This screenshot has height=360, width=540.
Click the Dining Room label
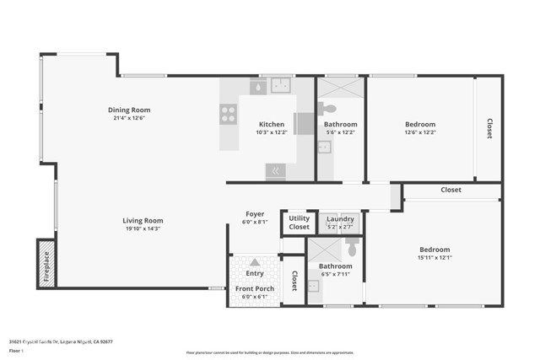(128, 110)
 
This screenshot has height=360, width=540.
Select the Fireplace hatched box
(46, 263)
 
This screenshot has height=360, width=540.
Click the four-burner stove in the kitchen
(228, 114)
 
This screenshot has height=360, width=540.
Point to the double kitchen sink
(280, 86)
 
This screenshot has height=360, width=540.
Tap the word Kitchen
(271, 124)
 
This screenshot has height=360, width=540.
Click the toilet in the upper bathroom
(327, 108)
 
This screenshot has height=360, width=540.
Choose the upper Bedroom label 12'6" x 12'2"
(419, 124)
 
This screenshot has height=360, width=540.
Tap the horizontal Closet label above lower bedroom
(451, 190)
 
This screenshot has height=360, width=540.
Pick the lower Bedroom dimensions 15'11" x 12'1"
(435, 257)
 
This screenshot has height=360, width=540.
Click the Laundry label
(340, 219)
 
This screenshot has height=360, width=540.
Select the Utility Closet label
(299, 223)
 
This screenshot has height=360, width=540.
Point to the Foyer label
(255, 213)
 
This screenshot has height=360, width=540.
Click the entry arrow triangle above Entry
(255, 262)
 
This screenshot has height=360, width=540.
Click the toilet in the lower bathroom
(352, 248)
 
